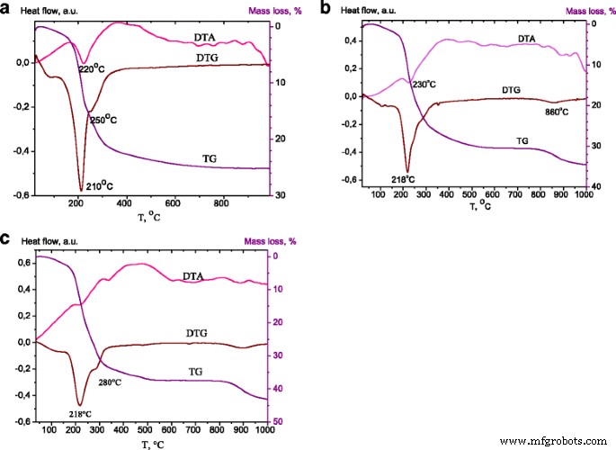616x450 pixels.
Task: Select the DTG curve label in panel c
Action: tap(196, 333)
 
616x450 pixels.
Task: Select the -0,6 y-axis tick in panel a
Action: tap(17, 195)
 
